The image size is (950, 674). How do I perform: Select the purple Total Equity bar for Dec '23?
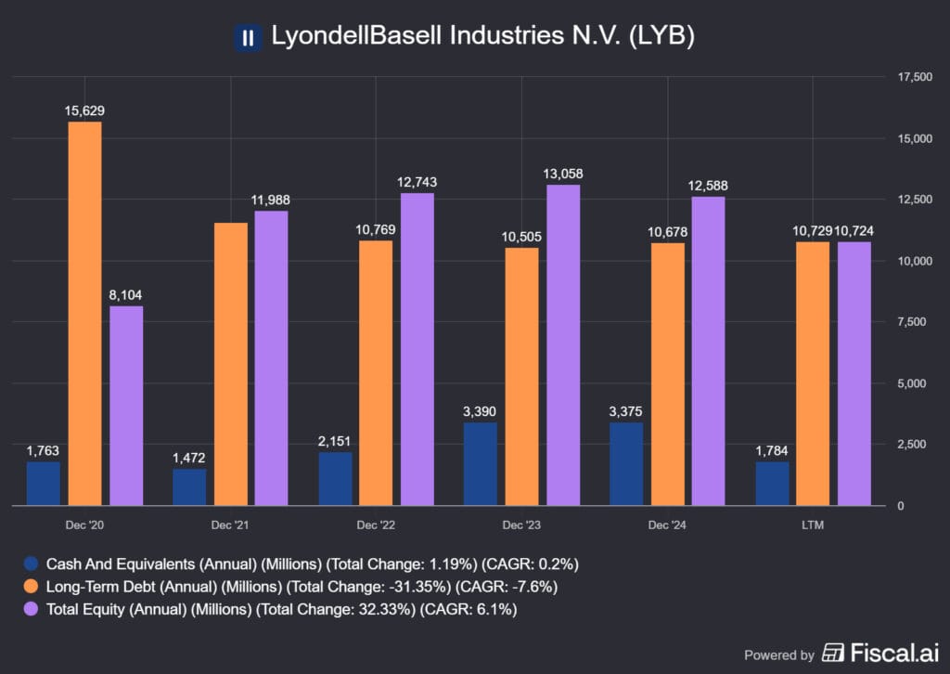[563, 345]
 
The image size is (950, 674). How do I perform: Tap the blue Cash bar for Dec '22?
[335, 479]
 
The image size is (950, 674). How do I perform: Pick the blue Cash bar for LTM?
[772, 484]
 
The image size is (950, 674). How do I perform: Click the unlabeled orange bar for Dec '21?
[231, 364]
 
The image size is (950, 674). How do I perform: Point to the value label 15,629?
[84, 110]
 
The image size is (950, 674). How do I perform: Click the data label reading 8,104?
[126, 295]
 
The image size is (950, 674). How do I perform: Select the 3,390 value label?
[480, 412]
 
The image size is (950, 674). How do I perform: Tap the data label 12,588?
[708, 186]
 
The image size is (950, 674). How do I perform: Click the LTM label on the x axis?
[813, 525]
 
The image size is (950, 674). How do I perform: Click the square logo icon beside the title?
[248, 37]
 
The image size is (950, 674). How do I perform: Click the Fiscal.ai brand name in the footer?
[890, 655]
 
